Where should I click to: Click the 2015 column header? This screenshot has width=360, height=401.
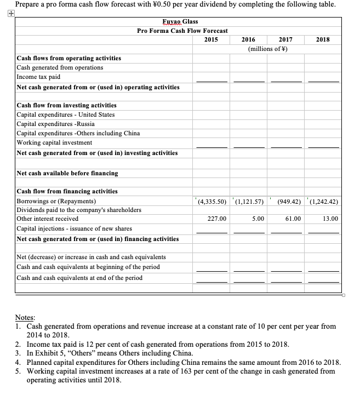[x=210, y=39]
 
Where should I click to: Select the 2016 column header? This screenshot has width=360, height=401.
[x=248, y=39]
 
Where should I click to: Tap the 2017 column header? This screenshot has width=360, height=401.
[x=285, y=39]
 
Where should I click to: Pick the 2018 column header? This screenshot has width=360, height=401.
[x=323, y=39]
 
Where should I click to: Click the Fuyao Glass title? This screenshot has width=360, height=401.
[x=180, y=21]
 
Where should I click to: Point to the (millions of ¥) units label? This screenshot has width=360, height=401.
[x=267, y=49]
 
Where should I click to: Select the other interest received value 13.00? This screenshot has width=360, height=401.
[x=330, y=219]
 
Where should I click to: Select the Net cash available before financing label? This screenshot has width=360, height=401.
[x=67, y=173]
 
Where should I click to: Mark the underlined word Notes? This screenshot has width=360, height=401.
[x=25, y=317]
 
